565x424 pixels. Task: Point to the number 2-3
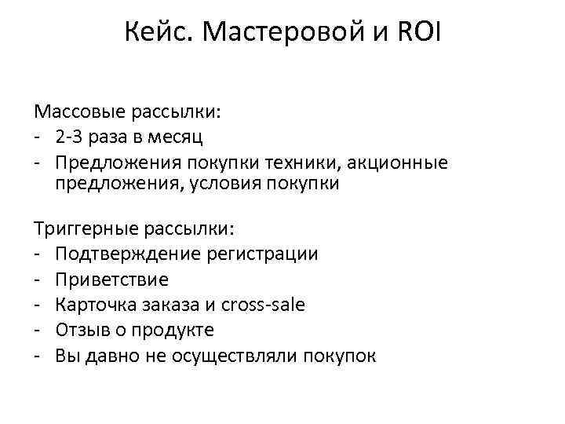click(70, 138)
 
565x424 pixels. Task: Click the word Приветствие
click(112, 280)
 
